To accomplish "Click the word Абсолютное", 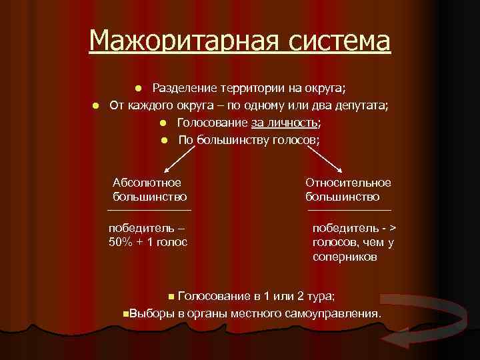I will pos(147,182).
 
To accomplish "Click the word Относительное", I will pos(348,182).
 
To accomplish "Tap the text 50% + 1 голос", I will pos(148,241).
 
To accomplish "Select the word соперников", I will pos(345,257).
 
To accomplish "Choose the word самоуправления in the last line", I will pos(340,313).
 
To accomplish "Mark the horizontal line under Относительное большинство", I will pos(349,210).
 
